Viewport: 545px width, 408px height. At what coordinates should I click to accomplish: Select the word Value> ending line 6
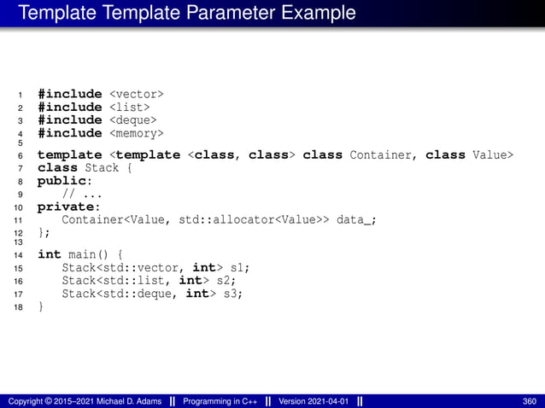point(493,155)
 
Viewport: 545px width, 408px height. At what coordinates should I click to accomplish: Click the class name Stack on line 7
point(102,168)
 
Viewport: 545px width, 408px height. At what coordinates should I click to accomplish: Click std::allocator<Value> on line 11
point(249,220)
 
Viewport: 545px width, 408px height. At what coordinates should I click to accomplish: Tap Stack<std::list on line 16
point(115,281)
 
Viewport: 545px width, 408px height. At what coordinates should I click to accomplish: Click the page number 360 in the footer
point(529,401)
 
